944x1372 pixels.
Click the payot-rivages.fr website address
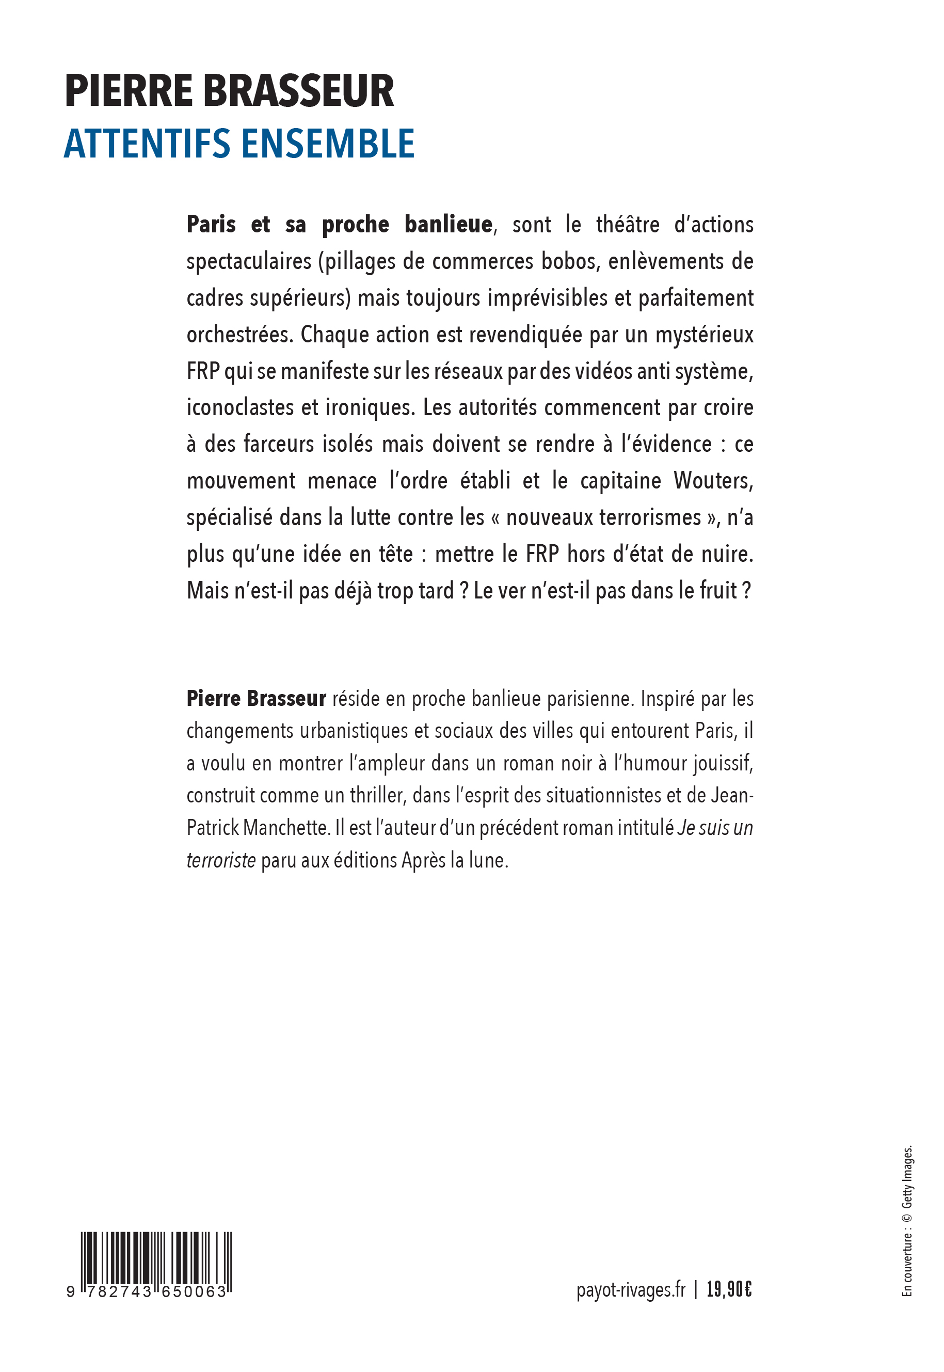tap(631, 1289)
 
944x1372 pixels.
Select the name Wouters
tap(713, 481)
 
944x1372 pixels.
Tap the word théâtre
tap(628, 225)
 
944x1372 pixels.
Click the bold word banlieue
tap(449, 225)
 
